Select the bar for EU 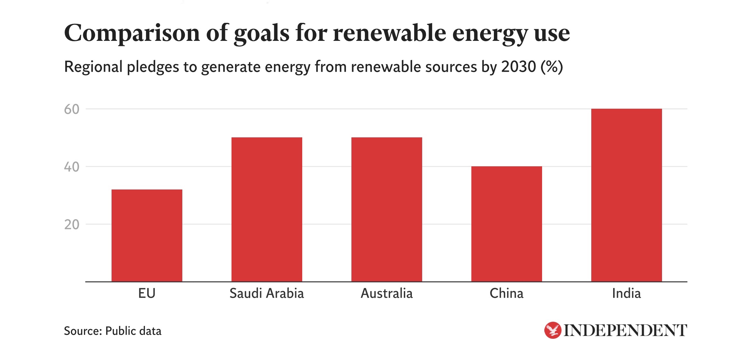pos(147,235)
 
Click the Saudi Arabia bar pos(267,209)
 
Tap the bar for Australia pos(387,209)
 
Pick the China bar pos(507,224)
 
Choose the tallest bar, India pos(627,195)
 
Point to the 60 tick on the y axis pos(72,109)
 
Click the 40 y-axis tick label pos(72,167)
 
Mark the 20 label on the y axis pos(72,225)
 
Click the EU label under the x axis pos(147,293)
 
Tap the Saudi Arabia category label pos(267,293)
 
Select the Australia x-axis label pos(387,293)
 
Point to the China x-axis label pos(507,293)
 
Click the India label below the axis pos(627,293)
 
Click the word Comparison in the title pos(132,33)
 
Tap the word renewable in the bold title pos(389,33)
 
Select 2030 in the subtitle pos(519,67)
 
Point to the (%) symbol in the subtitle pos(552,67)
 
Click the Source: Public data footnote pos(113,331)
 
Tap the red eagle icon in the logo pos(553,330)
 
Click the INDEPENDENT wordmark pos(625,331)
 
